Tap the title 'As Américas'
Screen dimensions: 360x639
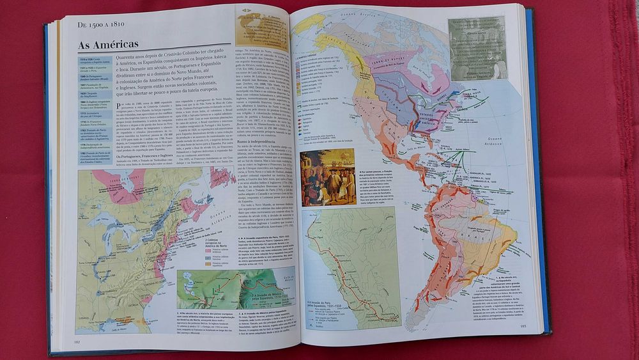108,45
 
